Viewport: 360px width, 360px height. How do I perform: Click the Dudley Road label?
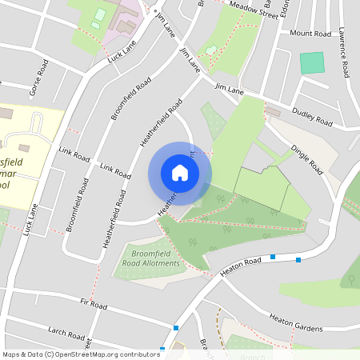point(311,117)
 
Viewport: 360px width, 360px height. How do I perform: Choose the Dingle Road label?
point(306,159)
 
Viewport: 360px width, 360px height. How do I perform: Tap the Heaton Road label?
point(241,267)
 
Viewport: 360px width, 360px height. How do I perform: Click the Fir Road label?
point(94,304)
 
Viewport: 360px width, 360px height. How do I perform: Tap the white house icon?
point(180,173)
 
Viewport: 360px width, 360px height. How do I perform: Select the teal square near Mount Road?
point(312,63)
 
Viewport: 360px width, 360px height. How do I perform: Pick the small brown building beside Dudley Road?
point(274,111)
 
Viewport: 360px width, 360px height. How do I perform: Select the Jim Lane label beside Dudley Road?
point(229,91)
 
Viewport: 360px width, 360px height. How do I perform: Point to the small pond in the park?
point(211,51)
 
